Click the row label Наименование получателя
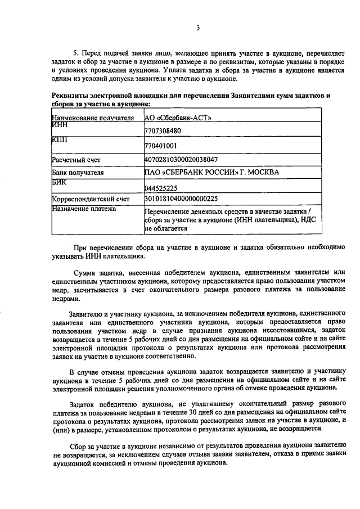pyautogui.click(x=93, y=118)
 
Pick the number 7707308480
pyautogui.click(x=163, y=132)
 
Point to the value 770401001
pyautogui.click(x=160, y=146)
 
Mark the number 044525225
pyautogui.click(x=161, y=188)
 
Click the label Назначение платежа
pyautogui.click(x=84, y=209)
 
